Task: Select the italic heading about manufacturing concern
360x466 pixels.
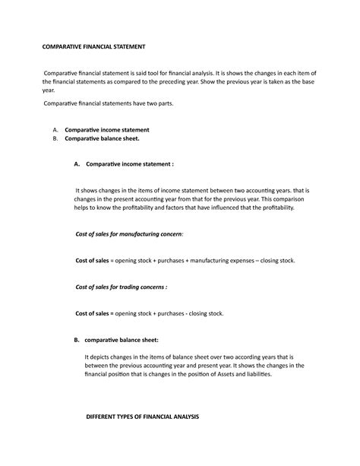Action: click(130, 236)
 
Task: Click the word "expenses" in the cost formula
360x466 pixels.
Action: click(238, 261)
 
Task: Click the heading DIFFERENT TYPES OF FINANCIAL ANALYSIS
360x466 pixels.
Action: click(142, 417)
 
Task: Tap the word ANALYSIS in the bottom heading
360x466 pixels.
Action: click(182, 417)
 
